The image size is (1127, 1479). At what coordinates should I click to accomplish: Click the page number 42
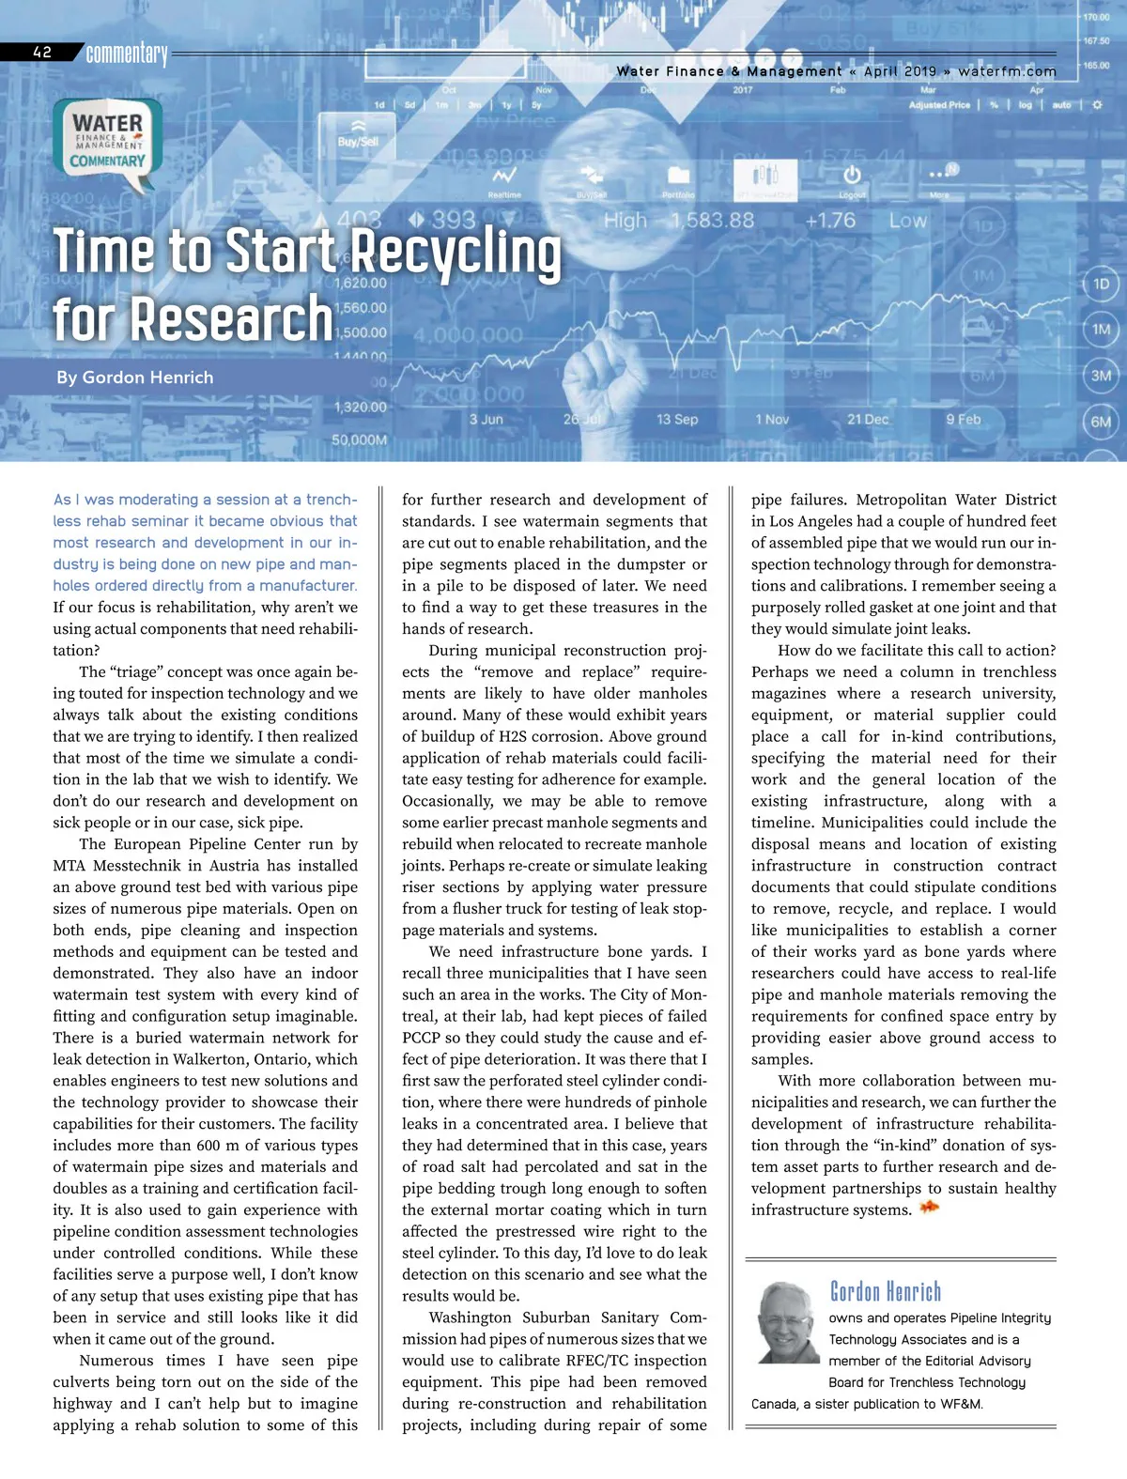click(x=42, y=53)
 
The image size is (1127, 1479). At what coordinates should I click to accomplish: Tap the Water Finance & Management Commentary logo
click(x=109, y=141)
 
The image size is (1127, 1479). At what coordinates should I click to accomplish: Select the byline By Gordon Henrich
click(x=134, y=377)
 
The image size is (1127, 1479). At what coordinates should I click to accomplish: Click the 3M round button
click(x=1101, y=376)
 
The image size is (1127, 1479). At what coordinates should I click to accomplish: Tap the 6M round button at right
click(x=1101, y=422)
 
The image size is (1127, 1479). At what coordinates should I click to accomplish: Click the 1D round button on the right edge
click(x=1101, y=284)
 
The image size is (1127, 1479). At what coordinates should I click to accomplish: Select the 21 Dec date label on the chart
click(x=867, y=419)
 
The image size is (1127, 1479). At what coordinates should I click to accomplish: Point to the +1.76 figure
click(x=829, y=221)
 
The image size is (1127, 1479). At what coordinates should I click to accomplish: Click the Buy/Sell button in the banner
click(x=358, y=133)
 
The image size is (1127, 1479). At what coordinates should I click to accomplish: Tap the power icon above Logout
click(x=852, y=176)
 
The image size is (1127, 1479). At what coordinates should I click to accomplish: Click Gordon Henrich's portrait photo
click(x=786, y=1322)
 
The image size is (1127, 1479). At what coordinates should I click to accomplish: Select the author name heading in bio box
click(x=885, y=1292)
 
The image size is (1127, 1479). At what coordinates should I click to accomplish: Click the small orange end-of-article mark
click(x=929, y=1209)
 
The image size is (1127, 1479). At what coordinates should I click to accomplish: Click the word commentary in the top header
click(x=127, y=54)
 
